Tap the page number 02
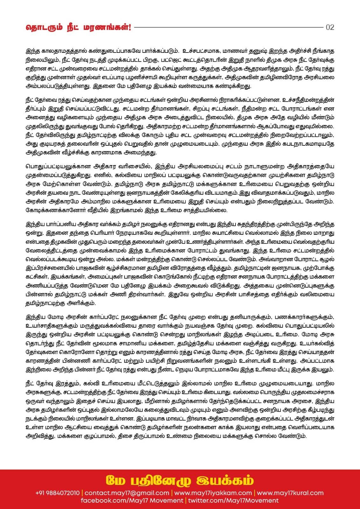[330, 27]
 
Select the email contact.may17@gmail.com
[127, 493]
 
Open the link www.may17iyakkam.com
[213, 493]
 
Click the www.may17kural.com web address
[290, 493]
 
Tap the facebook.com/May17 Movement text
[132, 500]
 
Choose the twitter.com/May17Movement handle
[233, 500]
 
